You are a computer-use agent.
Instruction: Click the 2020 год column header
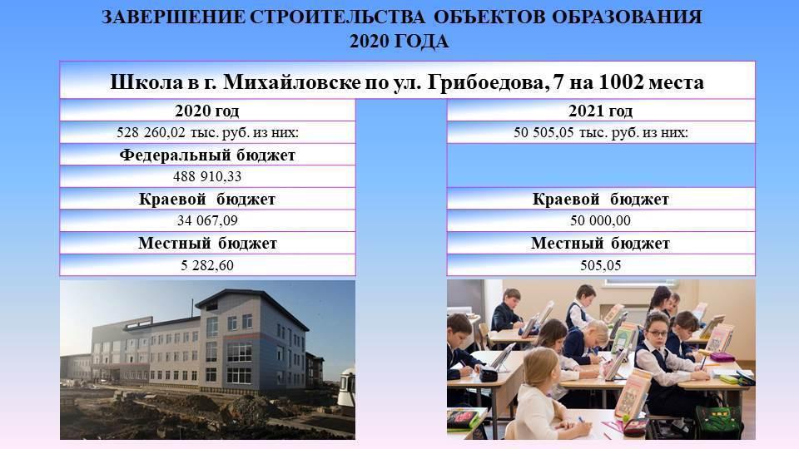[207, 111]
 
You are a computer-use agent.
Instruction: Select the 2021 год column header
[600, 111]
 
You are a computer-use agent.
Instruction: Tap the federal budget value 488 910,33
[207, 176]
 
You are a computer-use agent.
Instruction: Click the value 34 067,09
[207, 220]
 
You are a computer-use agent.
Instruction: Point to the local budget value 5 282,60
[207, 265]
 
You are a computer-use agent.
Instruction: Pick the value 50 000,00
[600, 220]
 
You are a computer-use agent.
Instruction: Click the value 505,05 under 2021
[600, 265]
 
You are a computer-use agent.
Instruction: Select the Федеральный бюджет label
[207, 155]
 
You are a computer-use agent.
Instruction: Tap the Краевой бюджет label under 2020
[207, 199]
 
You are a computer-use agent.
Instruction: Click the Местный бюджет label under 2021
[600, 244]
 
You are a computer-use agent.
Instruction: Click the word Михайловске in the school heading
[291, 82]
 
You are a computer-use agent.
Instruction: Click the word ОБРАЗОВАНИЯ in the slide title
[628, 17]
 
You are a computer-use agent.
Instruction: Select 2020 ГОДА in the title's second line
[399, 42]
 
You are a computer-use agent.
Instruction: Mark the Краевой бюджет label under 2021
[600, 199]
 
